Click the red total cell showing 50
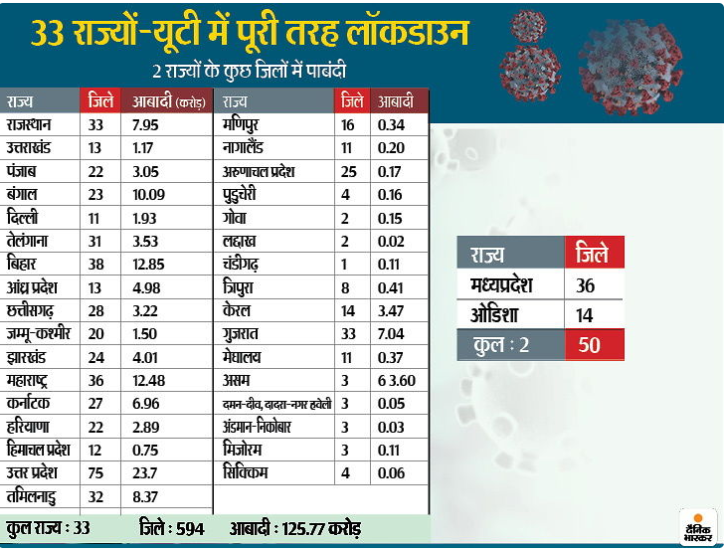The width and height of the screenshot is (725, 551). tap(593, 346)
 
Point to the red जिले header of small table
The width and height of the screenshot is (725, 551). tap(593, 254)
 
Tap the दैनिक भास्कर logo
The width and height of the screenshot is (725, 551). tap(700, 524)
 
